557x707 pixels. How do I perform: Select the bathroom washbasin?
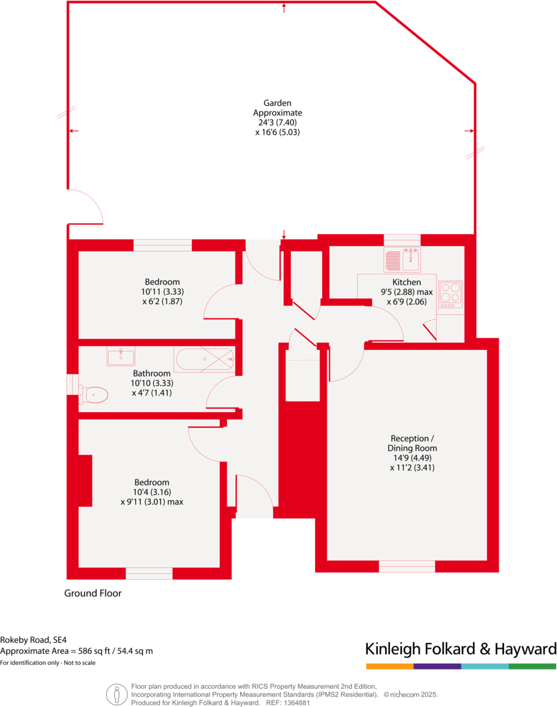(x=121, y=356)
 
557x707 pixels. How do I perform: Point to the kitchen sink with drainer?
(x=402, y=259)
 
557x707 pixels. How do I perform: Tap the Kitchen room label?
(x=406, y=282)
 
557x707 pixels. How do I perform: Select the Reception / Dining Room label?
(x=412, y=443)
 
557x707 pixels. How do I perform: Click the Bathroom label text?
(x=152, y=373)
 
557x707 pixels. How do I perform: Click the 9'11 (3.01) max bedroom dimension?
(x=151, y=501)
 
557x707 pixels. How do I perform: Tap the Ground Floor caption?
(x=93, y=593)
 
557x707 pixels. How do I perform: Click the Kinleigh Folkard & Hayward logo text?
(x=461, y=649)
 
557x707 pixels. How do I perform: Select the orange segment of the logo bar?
(x=389, y=666)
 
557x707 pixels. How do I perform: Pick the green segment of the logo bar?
(x=532, y=666)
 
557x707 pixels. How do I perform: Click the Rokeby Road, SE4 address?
(x=33, y=638)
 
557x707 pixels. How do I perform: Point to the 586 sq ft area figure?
(x=91, y=651)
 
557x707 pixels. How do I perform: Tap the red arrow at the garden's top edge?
(x=284, y=8)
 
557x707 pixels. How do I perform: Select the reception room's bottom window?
(x=407, y=566)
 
